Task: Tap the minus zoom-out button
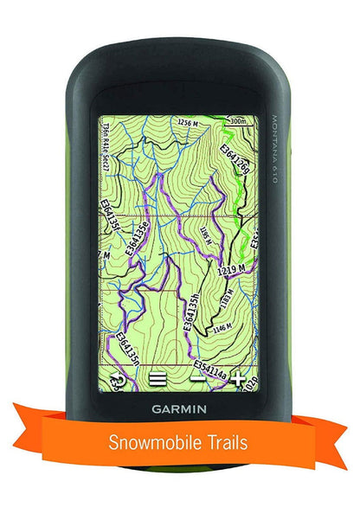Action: point(198,378)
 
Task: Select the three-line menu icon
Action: point(157,378)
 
